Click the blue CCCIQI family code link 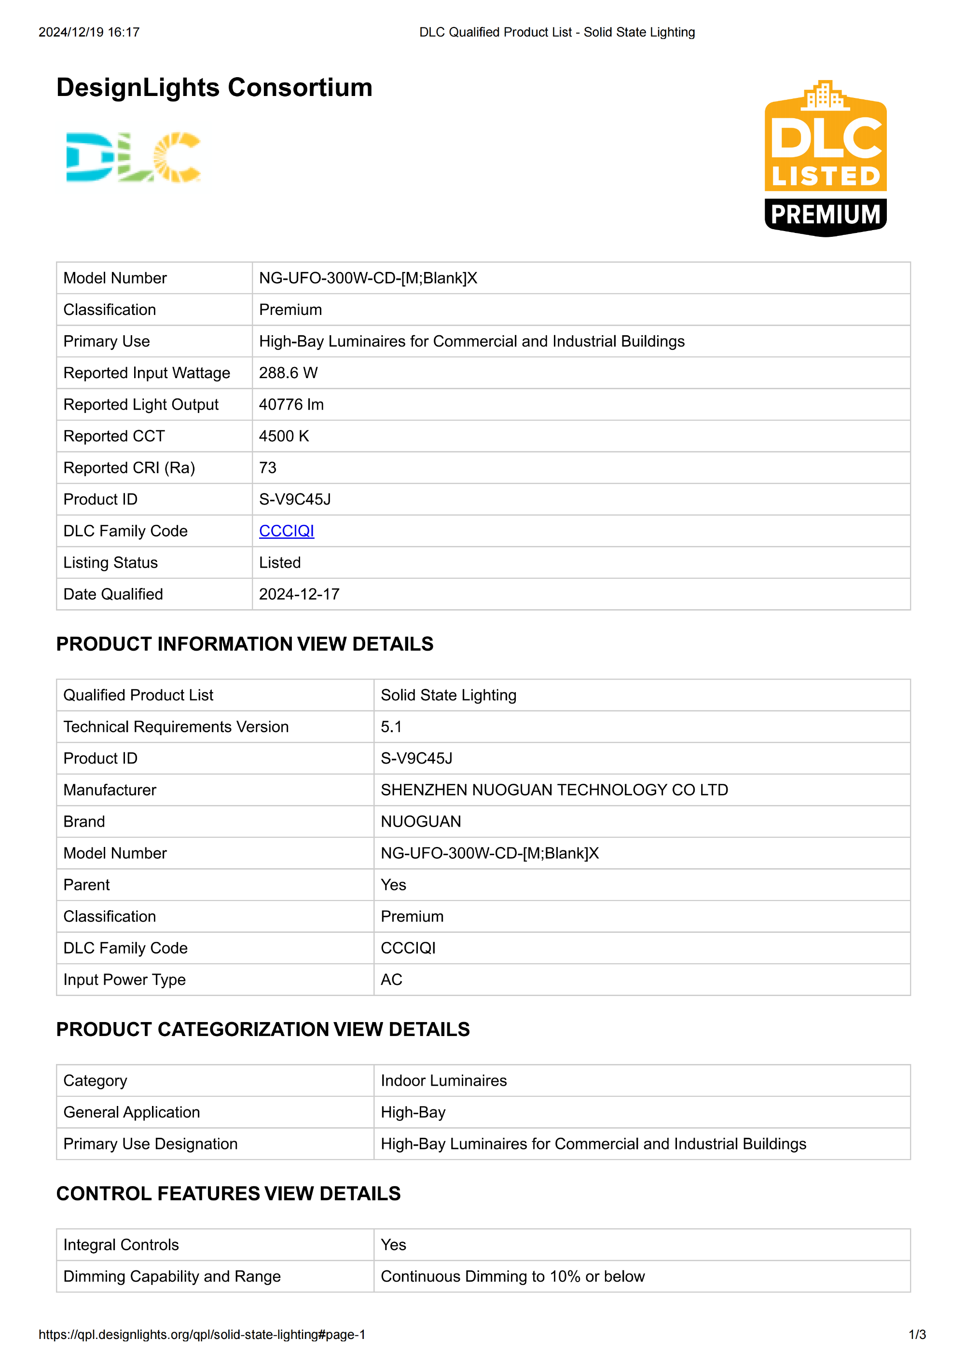tap(286, 531)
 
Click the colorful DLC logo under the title tap(133, 157)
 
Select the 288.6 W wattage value tap(289, 373)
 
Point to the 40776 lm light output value tap(291, 404)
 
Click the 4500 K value tap(284, 436)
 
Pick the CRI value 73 tap(268, 468)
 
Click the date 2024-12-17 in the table tap(299, 594)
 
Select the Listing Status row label tap(110, 562)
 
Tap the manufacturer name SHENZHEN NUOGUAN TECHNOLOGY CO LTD tap(554, 790)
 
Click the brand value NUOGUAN tap(421, 821)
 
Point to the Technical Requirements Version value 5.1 tap(391, 726)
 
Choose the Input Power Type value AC tap(392, 979)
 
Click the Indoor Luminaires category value tap(443, 1080)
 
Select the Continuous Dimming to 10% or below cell tap(512, 1276)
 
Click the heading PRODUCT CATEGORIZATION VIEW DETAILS tap(263, 1029)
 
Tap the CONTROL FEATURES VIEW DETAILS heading tap(228, 1193)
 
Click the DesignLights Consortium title tap(214, 87)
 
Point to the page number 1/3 tap(917, 1335)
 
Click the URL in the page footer tap(202, 1335)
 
